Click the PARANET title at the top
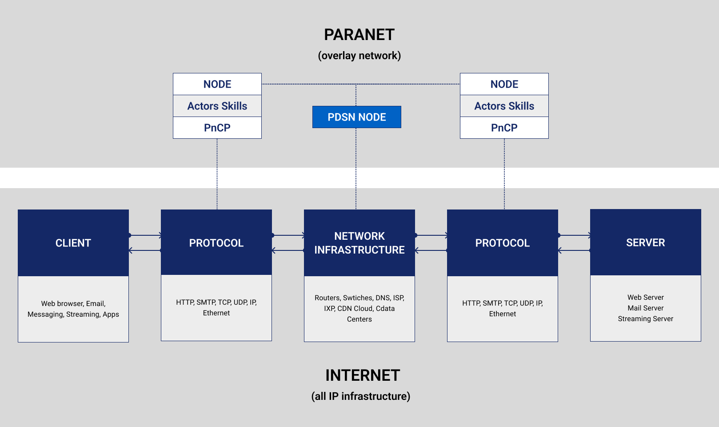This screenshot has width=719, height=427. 359,35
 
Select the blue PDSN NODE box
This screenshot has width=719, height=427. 356,117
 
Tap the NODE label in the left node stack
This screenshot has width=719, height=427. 217,84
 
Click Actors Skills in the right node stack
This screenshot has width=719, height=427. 504,106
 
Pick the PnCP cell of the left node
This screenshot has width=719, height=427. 217,128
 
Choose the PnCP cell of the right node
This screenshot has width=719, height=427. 504,128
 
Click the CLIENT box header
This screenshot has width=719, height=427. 73,243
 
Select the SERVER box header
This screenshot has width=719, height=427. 645,242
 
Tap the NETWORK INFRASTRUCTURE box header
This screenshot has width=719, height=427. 359,243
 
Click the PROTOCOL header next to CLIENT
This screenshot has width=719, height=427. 216,243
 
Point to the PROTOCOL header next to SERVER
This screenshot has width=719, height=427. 502,243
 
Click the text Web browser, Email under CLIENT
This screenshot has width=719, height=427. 73,303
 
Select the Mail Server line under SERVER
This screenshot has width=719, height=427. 645,308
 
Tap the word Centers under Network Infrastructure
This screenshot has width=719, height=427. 359,319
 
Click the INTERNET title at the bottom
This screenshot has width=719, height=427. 363,375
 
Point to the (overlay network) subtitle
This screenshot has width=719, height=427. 359,56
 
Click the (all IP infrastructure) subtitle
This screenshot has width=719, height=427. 360,396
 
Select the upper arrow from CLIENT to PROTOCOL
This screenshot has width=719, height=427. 145,235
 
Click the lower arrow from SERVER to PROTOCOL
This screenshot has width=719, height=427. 574,250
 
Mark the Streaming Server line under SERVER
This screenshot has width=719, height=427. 645,318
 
